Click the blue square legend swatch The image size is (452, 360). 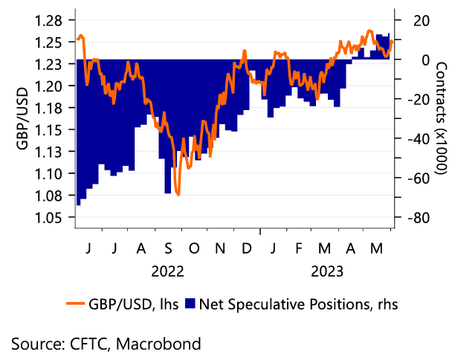tap(190, 303)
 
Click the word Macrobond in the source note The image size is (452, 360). tap(164, 343)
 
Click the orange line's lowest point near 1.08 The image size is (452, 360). tap(178, 194)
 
